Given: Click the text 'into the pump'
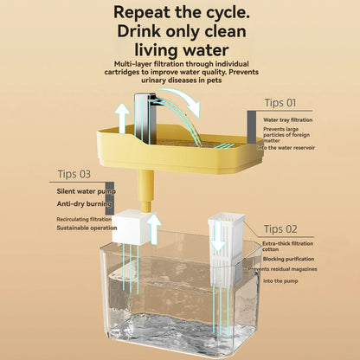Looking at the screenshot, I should tap(283, 281).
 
